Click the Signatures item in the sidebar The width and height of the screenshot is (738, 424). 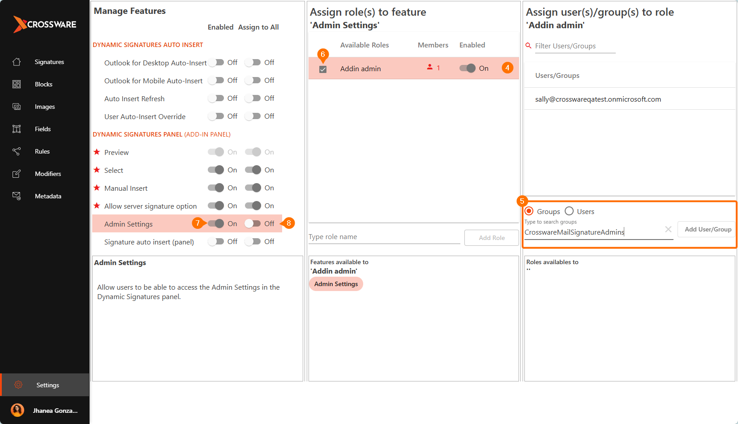click(49, 62)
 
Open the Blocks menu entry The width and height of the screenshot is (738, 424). click(43, 84)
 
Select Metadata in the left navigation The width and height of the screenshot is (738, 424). click(48, 197)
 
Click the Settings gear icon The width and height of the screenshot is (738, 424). click(18, 385)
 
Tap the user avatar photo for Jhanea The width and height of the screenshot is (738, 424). click(17, 410)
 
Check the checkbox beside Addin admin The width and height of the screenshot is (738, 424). click(323, 69)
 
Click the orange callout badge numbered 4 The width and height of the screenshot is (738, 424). click(507, 68)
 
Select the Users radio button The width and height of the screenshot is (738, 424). click(569, 211)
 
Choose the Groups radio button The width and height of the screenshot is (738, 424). click(529, 211)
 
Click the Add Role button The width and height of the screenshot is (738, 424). click(492, 238)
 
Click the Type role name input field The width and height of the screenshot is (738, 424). click(384, 237)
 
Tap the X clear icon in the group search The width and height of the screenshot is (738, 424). click(668, 229)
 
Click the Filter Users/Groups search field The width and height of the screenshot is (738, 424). click(575, 46)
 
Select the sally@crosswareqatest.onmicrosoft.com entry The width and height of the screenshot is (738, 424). click(598, 99)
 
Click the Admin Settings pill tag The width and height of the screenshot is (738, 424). click(336, 284)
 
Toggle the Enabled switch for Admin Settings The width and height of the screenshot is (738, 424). click(216, 224)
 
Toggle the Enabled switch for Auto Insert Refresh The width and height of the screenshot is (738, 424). click(216, 98)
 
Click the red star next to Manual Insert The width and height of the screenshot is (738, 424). click(97, 188)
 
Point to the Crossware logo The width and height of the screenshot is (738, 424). click(45, 24)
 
